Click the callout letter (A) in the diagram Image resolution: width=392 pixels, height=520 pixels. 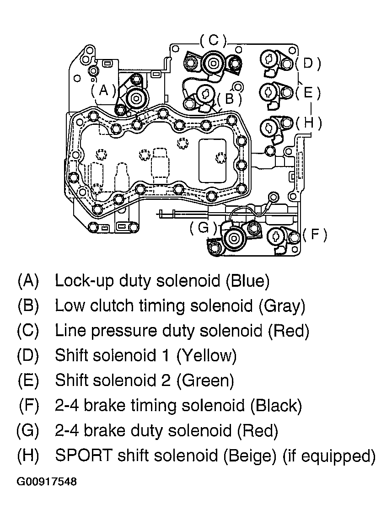(x=103, y=90)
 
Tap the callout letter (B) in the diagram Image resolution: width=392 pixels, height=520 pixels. (x=229, y=98)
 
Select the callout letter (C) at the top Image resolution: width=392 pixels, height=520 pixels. (x=213, y=40)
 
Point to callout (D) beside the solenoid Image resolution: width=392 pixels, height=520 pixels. (x=307, y=63)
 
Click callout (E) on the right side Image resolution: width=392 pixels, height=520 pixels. (x=307, y=93)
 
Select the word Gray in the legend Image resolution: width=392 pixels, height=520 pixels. (x=281, y=306)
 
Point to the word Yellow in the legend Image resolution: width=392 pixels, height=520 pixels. (x=209, y=355)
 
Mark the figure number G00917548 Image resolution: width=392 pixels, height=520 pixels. (x=47, y=482)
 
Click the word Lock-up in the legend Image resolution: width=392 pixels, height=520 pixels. (x=84, y=281)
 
